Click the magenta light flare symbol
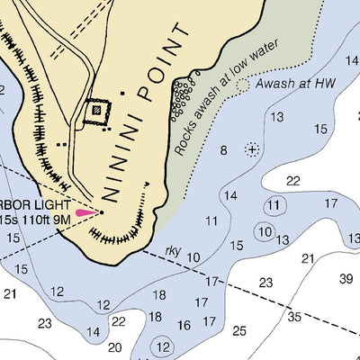tap(86, 212)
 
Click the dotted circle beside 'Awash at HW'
tap(243, 85)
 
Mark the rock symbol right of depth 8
tap(253, 148)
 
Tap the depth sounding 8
tap(223, 149)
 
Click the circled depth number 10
tap(264, 231)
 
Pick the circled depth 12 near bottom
tap(162, 345)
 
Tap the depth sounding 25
tap(238, 330)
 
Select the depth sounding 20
tap(114, 346)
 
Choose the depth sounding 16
tap(184, 325)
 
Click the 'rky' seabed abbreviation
tap(174, 251)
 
